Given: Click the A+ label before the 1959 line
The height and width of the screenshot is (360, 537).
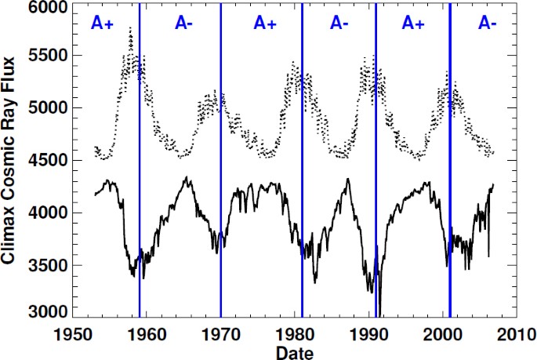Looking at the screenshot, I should (x=102, y=24).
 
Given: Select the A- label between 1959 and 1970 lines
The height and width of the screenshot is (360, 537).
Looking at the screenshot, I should (x=184, y=24).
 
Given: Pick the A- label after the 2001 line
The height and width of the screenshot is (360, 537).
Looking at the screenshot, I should (x=487, y=24).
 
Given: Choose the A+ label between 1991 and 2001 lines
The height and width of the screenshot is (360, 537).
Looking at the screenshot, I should (x=413, y=24).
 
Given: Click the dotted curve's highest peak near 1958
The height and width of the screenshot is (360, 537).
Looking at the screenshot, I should (x=130, y=30).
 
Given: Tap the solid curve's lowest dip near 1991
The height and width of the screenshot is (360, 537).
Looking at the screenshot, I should (x=379, y=312).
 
